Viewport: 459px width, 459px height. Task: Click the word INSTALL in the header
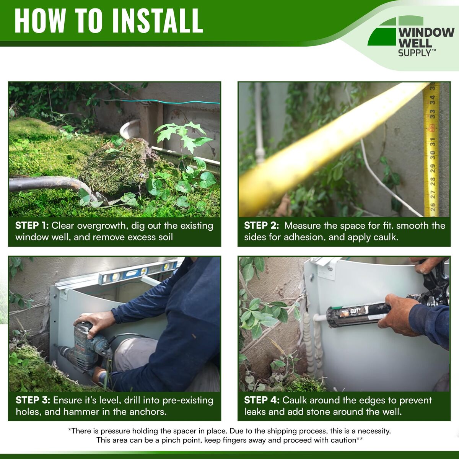pos(158,21)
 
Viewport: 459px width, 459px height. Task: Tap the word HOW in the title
pos(40,21)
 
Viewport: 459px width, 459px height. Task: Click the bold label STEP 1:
pos(32,225)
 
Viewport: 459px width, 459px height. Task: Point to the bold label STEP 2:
pos(261,225)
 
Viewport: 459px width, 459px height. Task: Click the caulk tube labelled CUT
pos(357,314)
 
